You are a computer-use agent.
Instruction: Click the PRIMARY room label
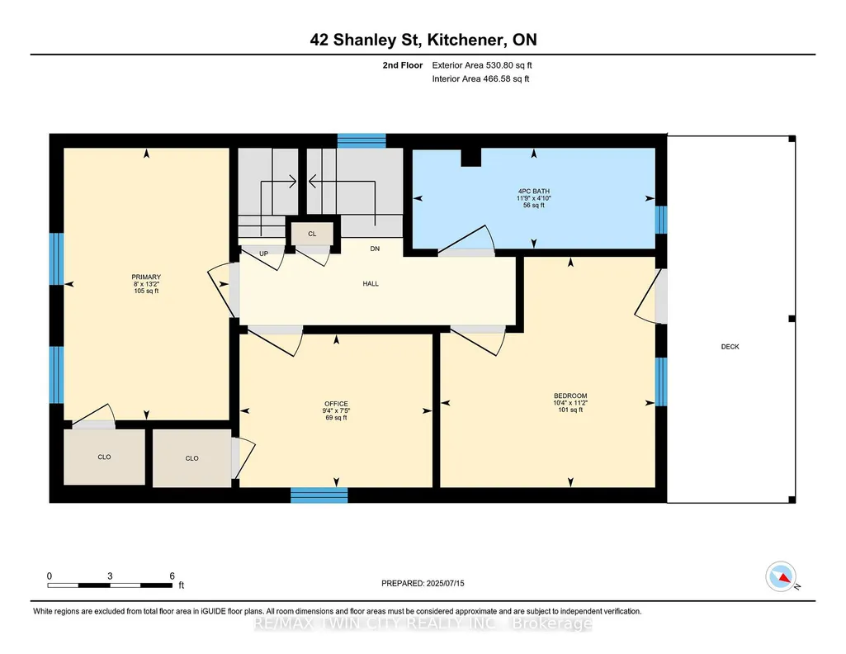(146, 277)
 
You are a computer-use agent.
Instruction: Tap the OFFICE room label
(336, 404)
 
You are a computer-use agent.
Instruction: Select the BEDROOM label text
(570, 396)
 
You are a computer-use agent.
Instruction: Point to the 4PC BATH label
(534, 191)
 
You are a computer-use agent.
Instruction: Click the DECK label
(730, 347)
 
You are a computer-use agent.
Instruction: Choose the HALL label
(371, 283)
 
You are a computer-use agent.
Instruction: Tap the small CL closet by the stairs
(312, 234)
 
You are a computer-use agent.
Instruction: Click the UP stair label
(264, 254)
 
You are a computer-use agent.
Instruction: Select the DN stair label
(375, 249)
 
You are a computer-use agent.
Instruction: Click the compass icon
(781, 576)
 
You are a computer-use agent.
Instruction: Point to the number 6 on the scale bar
(173, 576)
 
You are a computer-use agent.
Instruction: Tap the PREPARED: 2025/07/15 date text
(423, 583)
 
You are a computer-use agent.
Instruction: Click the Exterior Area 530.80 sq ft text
(482, 65)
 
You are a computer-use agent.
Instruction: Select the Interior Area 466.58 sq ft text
(480, 78)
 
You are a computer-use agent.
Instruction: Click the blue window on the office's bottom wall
(319, 495)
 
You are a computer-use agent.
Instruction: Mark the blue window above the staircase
(362, 141)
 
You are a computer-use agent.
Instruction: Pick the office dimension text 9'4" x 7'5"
(336, 410)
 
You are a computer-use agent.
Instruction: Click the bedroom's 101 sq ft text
(570, 410)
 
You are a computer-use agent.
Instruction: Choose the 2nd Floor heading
(403, 65)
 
